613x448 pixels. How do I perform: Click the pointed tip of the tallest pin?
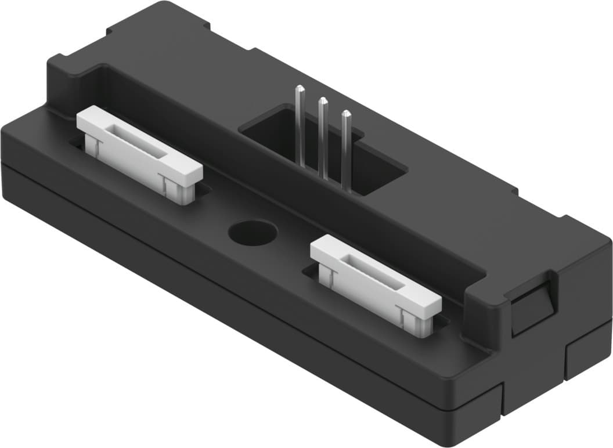(x=300, y=88)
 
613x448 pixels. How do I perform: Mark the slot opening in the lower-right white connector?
(x=375, y=272)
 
